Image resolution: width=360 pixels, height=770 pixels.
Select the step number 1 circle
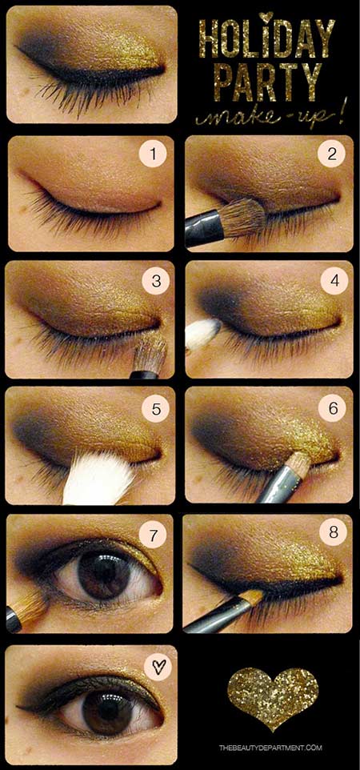pos(153,154)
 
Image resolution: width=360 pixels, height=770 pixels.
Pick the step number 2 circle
pos(331,154)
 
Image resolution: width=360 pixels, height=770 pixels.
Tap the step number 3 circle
pos(156,282)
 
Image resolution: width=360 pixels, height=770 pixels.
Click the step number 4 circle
pos(334,282)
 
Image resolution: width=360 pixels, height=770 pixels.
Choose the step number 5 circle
pos(156,408)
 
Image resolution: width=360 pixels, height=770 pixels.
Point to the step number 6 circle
pos(334,408)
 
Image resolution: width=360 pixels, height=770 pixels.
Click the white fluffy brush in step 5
pos(98,477)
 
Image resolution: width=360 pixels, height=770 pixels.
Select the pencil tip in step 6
pos(301,462)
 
